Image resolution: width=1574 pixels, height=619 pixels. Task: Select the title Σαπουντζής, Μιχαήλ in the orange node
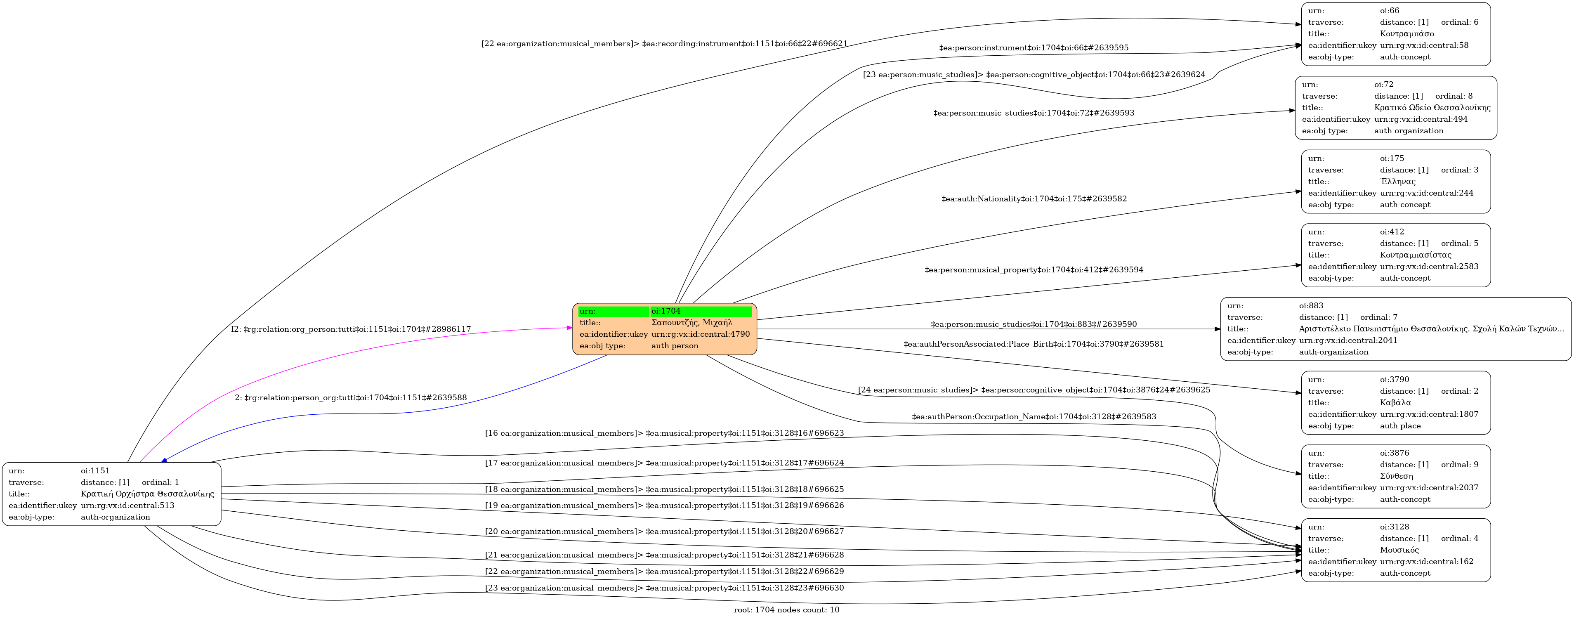pyautogui.click(x=691, y=323)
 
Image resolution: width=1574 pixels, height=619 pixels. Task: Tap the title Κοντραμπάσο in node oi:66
pyautogui.click(x=1406, y=33)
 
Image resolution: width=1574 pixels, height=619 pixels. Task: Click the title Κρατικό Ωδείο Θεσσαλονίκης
pyautogui.click(x=1432, y=108)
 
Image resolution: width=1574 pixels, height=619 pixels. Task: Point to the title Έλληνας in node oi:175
pyautogui.click(x=1397, y=182)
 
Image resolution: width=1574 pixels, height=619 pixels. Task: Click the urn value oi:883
pyautogui.click(x=1311, y=305)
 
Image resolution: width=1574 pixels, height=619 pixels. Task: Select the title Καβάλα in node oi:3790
pyautogui.click(x=1395, y=403)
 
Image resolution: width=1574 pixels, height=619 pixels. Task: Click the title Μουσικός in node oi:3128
pyautogui.click(x=1399, y=550)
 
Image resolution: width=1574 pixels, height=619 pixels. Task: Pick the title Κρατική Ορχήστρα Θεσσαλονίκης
pyautogui.click(x=147, y=494)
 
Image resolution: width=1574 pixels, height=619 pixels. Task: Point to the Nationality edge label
pyautogui.click(x=1034, y=198)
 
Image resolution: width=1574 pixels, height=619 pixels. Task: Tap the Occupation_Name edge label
pyautogui.click(x=1034, y=417)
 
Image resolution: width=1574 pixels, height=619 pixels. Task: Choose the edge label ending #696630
pyautogui.click(x=664, y=588)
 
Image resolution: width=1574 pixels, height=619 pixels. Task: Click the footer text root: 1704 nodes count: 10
pyautogui.click(x=786, y=610)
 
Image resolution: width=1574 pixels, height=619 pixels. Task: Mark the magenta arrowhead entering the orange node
pyautogui.click(x=569, y=328)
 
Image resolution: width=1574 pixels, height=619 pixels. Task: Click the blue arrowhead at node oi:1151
pyautogui.click(x=164, y=460)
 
